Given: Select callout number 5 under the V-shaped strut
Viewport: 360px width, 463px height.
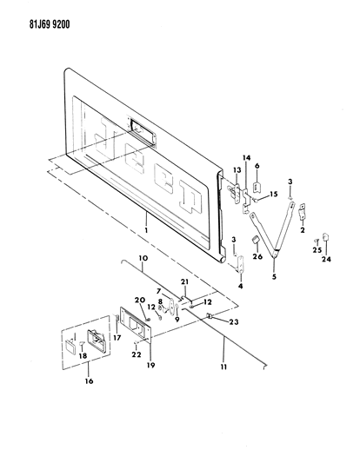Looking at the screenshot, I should coord(275,280).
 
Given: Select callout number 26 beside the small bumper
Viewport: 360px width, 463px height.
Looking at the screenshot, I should coord(257,256).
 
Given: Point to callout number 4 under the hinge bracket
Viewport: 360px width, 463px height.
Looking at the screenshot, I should coord(240,284).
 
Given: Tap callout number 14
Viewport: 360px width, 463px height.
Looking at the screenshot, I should coord(247,159).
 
